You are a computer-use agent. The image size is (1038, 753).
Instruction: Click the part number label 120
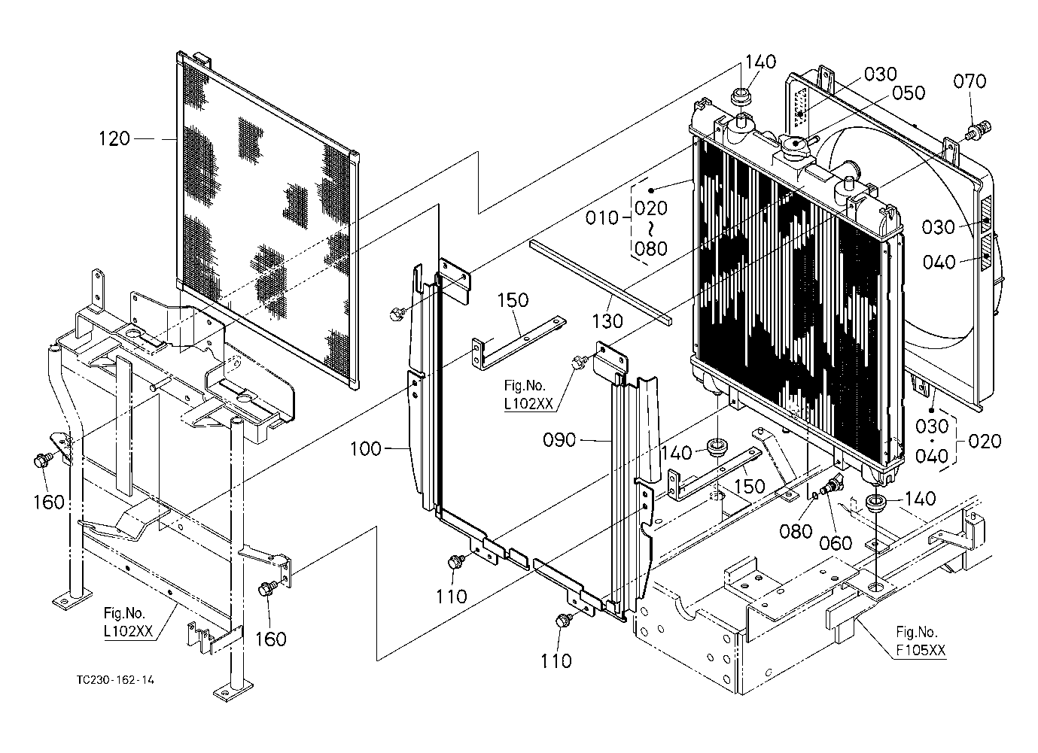pos(114,138)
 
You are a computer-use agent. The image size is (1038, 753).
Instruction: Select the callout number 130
pos(607,321)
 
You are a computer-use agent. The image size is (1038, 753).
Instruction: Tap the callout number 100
pos(366,450)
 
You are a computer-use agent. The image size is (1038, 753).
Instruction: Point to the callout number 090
pos(560,439)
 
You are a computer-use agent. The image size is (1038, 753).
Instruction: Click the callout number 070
pos(970,81)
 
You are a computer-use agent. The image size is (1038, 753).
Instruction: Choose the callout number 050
pos(909,93)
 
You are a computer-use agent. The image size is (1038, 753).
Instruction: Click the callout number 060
pos(836,543)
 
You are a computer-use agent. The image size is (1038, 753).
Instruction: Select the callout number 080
pos(796,531)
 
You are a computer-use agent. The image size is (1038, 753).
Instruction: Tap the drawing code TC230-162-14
pos(116,680)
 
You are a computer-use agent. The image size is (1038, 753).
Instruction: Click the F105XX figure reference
pos(921,651)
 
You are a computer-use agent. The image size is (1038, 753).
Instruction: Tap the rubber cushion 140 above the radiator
pos(742,98)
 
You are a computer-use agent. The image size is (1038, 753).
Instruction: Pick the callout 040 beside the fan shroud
pos(939,262)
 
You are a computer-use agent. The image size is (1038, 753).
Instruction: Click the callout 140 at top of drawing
pos(760,62)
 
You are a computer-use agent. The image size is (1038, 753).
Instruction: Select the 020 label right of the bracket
pos(985,441)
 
